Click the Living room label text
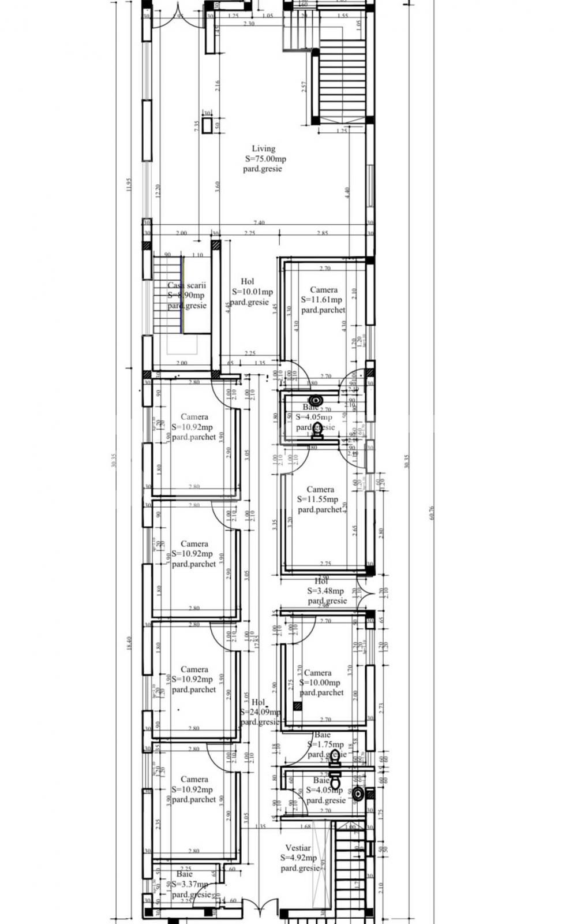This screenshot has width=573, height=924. click(x=263, y=149)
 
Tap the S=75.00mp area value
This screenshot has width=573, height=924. click(x=265, y=159)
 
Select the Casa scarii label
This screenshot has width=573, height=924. click(x=186, y=285)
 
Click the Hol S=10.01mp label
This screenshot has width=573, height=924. click(x=248, y=282)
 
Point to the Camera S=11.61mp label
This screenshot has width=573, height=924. click(x=323, y=290)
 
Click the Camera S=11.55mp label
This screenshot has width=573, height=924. click(x=320, y=490)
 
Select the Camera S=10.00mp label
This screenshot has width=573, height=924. click(x=318, y=673)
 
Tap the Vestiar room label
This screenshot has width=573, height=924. click(x=298, y=848)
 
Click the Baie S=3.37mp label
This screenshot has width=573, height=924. click(x=185, y=874)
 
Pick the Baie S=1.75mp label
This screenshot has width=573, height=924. click(x=323, y=735)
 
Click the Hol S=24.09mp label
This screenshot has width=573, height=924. click(x=259, y=702)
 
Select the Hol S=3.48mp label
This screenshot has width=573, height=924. click(x=321, y=582)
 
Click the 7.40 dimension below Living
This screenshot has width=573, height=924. click(x=259, y=223)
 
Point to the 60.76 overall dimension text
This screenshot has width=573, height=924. click(x=431, y=513)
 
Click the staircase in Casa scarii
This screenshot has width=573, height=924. click(x=167, y=295)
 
